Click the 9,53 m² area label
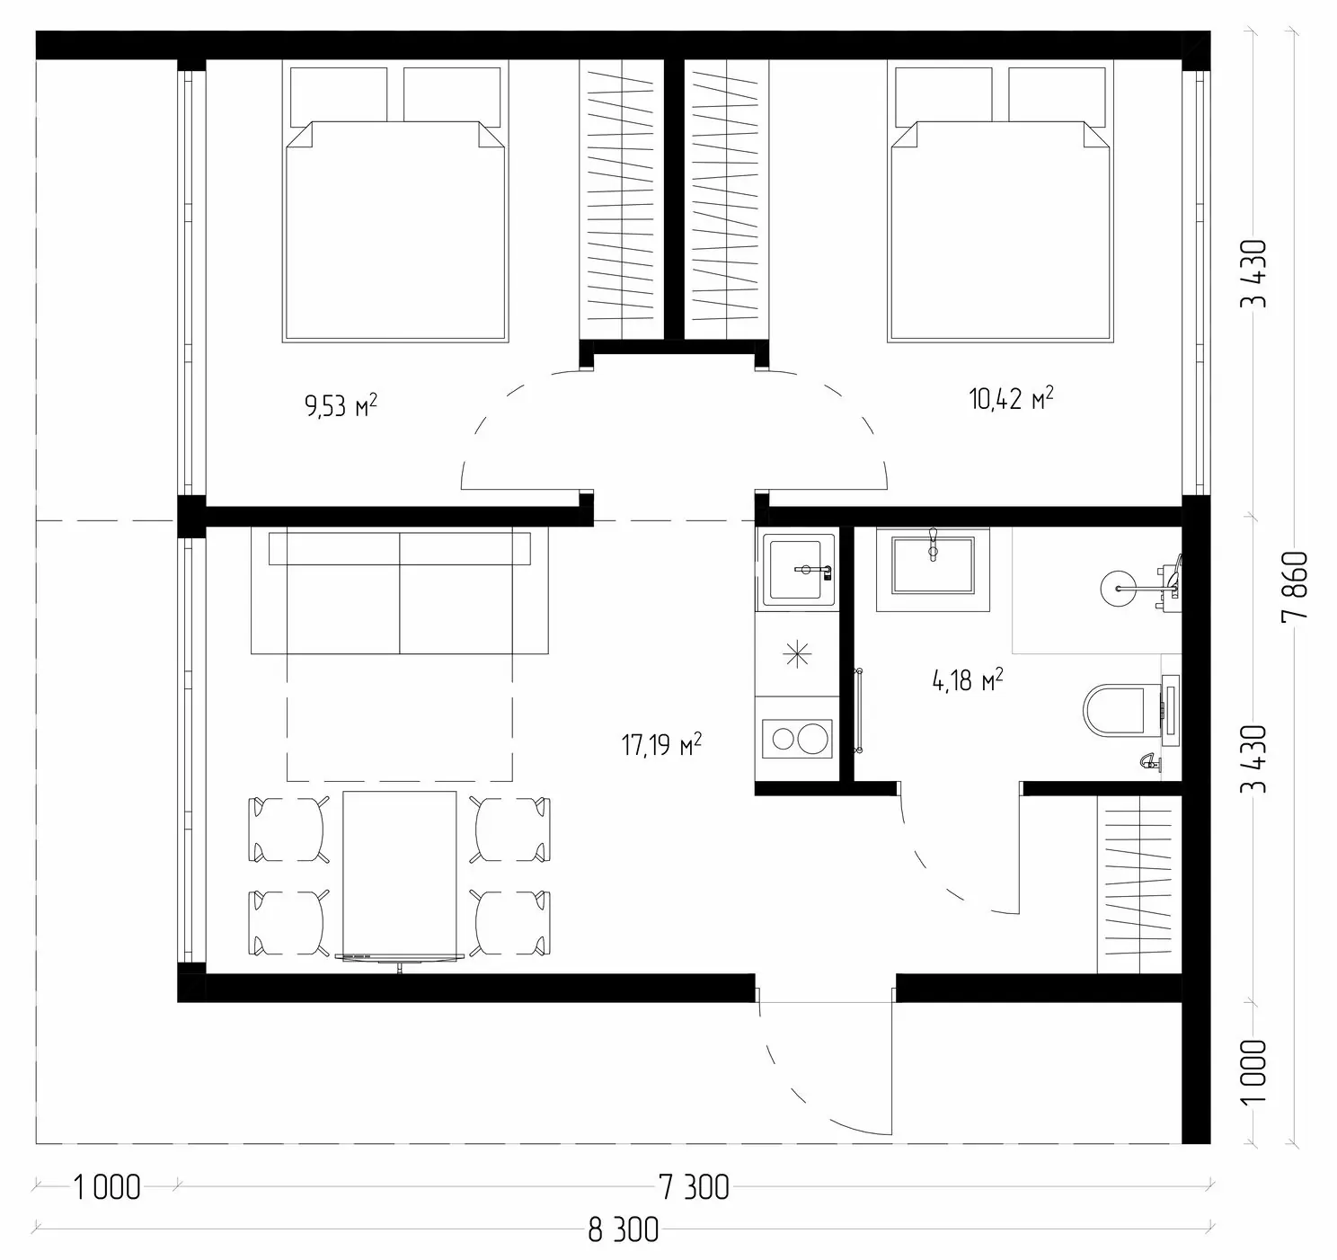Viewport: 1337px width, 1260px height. (x=341, y=405)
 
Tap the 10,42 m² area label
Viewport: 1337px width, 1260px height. (x=1011, y=398)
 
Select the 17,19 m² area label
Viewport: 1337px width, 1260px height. (x=662, y=745)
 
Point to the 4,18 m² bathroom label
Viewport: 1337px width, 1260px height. (x=968, y=680)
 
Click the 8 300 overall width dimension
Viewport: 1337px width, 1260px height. (x=623, y=1229)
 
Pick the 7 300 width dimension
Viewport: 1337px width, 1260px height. (x=695, y=1187)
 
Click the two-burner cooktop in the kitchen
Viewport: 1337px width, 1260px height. (x=797, y=739)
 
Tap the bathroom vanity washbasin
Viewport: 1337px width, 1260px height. (x=933, y=565)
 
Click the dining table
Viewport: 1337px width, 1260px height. (x=399, y=874)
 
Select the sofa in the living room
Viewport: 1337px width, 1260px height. (x=399, y=590)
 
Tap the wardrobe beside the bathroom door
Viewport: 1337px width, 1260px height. (x=1139, y=883)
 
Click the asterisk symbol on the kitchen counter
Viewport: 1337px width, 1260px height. (x=798, y=654)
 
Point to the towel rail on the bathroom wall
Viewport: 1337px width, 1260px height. (x=859, y=710)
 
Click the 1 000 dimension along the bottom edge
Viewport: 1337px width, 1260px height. (x=107, y=1187)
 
